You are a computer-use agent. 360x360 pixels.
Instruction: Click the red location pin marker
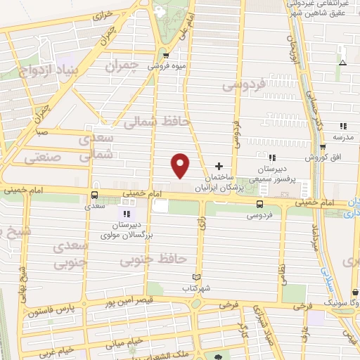coord(181,165)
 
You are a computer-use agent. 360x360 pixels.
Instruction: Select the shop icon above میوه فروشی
coord(165,56)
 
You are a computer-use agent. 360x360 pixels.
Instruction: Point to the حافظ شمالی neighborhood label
coord(157,122)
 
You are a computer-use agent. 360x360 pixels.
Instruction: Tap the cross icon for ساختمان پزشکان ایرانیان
coord(219,167)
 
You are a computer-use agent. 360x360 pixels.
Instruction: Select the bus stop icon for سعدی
coord(94,195)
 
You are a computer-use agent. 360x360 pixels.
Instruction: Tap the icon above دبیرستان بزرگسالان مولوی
coord(127,213)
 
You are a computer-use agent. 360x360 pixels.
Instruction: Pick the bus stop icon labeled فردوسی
coord(259,205)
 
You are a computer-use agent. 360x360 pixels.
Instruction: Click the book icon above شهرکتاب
coord(196,277)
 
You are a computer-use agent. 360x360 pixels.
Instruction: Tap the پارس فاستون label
coord(53,310)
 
